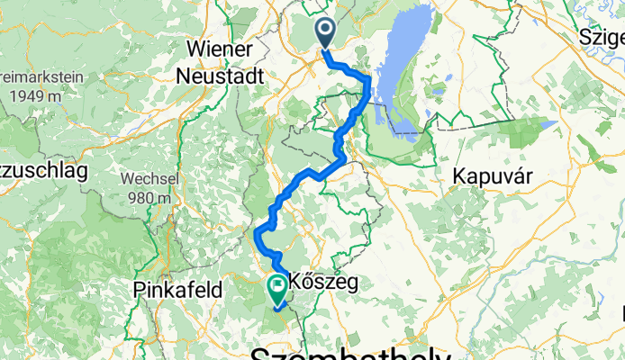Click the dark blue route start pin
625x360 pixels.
click(x=326, y=34)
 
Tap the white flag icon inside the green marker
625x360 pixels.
click(x=276, y=287)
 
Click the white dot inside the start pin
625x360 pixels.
click(x=326, y=31)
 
